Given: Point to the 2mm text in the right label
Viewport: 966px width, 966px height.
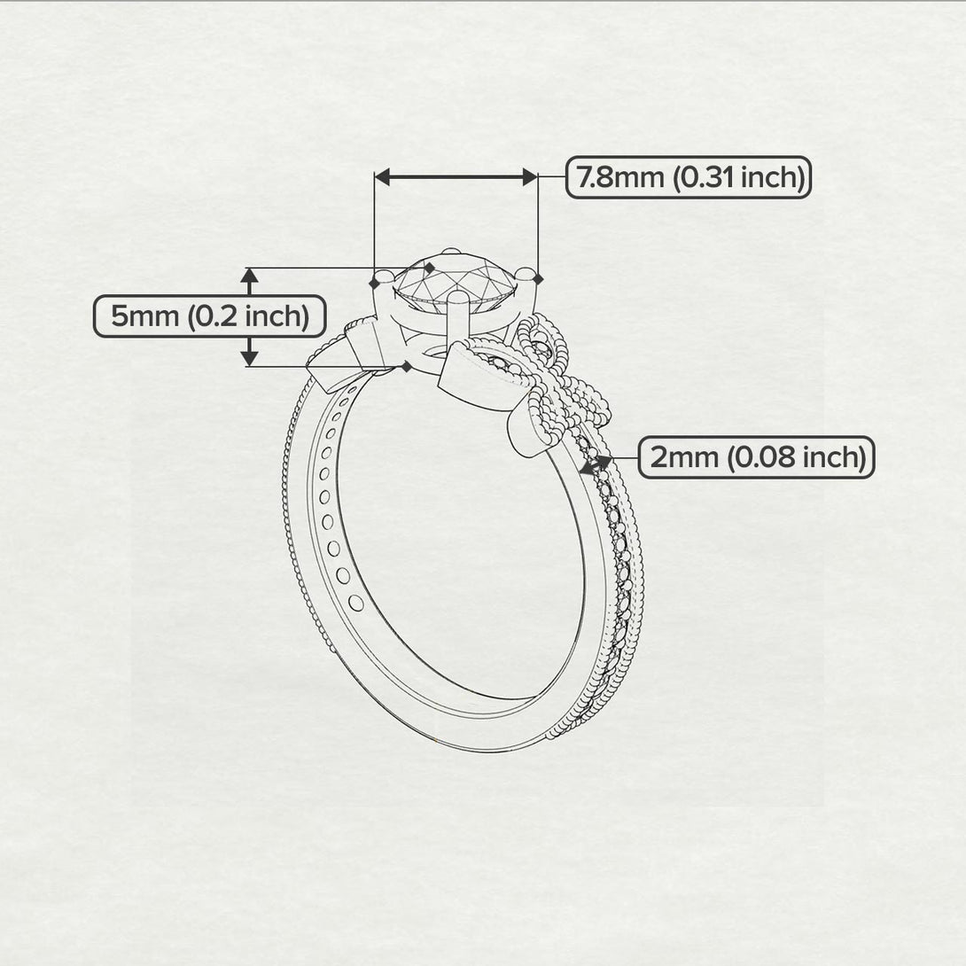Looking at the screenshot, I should point(684,458).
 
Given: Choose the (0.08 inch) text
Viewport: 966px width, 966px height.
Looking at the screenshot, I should point(794,458).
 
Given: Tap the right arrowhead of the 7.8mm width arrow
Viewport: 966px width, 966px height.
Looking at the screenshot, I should point(529,178).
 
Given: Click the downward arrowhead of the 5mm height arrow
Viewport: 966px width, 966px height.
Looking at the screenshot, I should point(250,357).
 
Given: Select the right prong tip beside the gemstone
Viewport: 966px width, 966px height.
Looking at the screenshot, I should point(526,275).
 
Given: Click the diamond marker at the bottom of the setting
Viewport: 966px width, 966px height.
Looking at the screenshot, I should point(406,366).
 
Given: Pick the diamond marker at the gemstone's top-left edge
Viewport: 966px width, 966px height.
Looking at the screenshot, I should point(430,267).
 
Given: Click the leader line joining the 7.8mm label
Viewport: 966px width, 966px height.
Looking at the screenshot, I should point(551,178).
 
